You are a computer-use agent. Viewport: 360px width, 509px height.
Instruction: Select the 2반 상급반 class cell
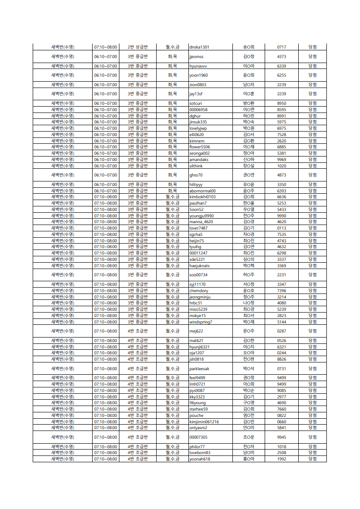point(138,47)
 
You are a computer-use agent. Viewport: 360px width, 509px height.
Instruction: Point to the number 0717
point(281,47)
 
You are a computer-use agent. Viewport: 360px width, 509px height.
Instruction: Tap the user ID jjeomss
point(197,57)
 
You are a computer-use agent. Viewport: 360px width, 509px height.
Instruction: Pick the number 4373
point(281,57)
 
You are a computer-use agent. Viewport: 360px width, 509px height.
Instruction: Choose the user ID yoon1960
point(198,75)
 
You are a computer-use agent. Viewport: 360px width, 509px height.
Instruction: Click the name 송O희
point(248,47)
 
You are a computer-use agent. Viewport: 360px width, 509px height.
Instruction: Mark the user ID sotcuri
point(196,103)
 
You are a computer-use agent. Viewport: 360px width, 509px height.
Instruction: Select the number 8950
point(281,103)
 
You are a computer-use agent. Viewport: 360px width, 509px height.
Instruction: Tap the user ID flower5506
point(200,147)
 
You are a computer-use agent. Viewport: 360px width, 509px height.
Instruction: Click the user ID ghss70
point(196,175)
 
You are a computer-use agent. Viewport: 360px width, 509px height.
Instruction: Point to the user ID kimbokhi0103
point(202,197)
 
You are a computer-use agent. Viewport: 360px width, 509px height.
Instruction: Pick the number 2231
point(281,275)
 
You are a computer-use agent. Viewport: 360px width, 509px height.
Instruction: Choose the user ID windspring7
point(201,322)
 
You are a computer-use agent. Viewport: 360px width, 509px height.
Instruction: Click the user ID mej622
point(196,331)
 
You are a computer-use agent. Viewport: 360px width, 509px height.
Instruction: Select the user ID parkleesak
point(199,369)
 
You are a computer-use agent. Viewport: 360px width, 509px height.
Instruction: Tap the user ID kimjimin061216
point(204,422)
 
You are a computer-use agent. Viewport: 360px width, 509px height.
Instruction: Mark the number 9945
point(281,437)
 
